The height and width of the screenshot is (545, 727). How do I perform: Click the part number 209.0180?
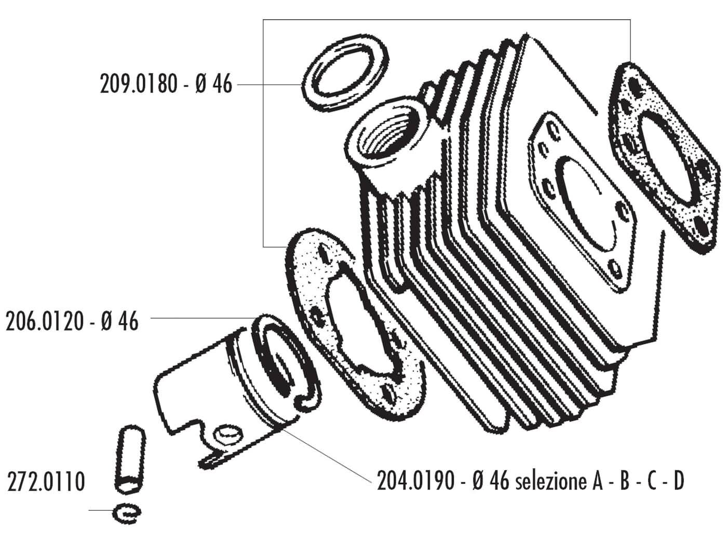pos(138,84)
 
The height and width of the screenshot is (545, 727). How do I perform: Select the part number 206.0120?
pos(44,322)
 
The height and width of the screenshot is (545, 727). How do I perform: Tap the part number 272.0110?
pos(46,482)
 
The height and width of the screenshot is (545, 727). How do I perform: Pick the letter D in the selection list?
pos(678,482)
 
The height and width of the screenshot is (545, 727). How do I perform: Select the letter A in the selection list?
pos(597,482)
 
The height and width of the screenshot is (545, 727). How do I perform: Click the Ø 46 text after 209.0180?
pos(214,84)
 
